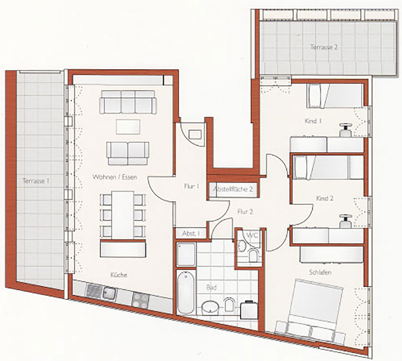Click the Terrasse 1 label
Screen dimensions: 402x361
36,181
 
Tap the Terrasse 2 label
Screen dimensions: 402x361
324,47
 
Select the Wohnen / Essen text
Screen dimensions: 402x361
115,177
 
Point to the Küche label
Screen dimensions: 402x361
119,275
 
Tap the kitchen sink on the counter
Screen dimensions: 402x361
109,293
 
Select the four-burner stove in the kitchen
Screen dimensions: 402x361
140,300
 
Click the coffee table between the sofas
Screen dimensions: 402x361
128,127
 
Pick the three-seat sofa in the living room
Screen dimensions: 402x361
128,102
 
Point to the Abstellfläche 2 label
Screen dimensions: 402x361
233,189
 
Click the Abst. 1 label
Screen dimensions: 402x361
191,234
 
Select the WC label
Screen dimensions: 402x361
252,235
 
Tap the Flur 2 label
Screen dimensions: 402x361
245,212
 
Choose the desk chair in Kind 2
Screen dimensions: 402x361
346,221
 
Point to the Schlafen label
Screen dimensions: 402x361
320,272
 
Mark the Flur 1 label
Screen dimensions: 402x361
192,186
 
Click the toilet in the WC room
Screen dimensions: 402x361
253,255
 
